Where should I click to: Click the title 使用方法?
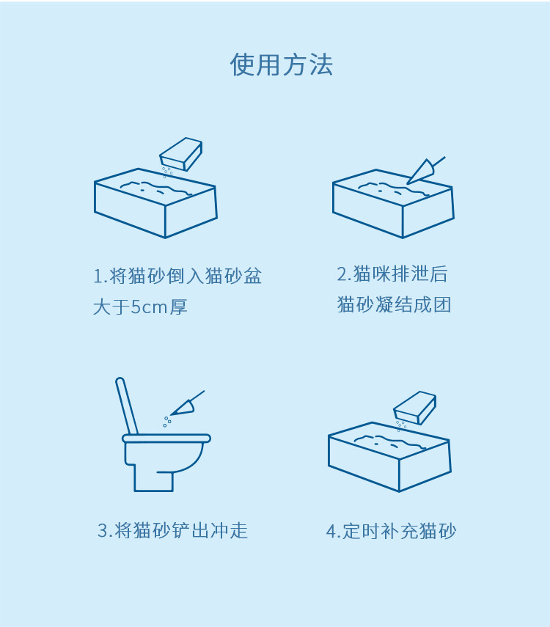pos(281,65)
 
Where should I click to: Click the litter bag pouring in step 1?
pos(181,153)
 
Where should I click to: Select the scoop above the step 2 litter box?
pos(425,171)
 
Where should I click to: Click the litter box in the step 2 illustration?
pos(393,204)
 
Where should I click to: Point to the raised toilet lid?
pos(127,406)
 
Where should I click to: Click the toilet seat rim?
pos(166,439)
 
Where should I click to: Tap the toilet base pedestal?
pos(153,481)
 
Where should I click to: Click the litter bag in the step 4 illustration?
pos(415,408)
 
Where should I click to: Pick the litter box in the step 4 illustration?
pos(389,457)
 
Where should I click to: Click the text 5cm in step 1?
pos(149,307)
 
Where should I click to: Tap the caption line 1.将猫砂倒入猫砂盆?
pos(177,276)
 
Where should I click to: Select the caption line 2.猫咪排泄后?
pos(392,274)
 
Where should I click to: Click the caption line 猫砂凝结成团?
pos(394,305)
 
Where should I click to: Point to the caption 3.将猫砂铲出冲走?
pos(173,531)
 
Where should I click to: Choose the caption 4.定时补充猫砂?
pos(391,531)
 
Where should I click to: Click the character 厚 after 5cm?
pos(178,307)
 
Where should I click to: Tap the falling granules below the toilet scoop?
pos(166,422)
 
